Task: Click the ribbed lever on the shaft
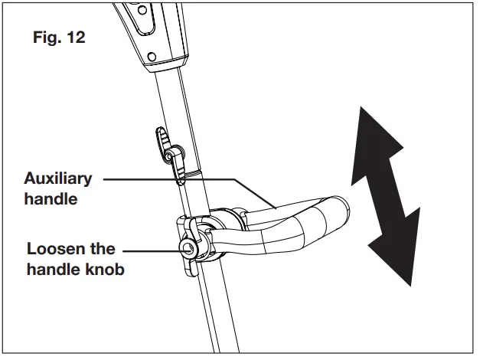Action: [165, 142]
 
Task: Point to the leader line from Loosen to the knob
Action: [149, 249]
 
